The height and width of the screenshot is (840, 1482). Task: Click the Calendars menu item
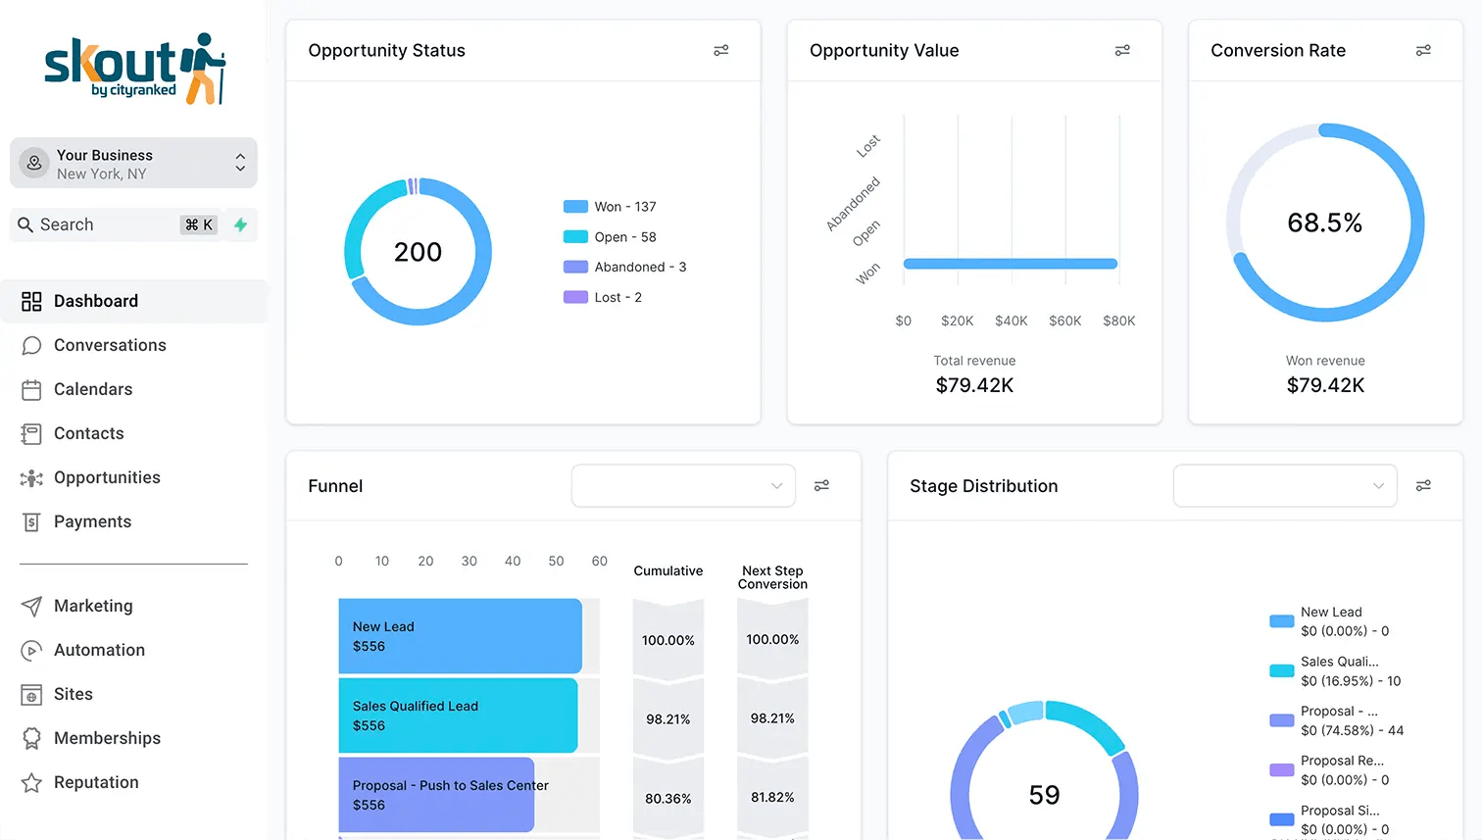click(x=92, y=389)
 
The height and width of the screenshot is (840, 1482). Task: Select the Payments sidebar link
click(x=92, y=521)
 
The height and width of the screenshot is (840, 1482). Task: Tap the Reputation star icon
click(x=31, y=782)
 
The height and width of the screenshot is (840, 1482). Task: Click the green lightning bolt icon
click(x=241, y=224)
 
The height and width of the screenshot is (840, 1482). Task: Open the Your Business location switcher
click(x=133, y=164)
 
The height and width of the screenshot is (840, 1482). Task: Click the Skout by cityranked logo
click(x=135, y=69)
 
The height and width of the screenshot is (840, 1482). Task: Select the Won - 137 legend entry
click(x=610, y=207)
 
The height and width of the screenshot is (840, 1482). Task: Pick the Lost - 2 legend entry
click(x=602, y=298)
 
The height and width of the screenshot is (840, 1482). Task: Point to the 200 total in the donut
click(x=418, y=252)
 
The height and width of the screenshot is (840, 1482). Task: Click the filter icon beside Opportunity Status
click(x=721, y=50)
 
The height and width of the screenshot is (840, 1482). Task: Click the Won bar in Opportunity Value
click(x=1011, y=264)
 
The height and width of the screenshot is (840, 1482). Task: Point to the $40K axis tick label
click(x=1011, y=321)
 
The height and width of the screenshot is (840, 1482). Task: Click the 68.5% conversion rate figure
click(x=1324, y=222)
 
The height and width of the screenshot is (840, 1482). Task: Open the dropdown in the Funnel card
click(x=683, y=486)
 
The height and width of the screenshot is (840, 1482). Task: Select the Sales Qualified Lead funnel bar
click(x=458, y=716)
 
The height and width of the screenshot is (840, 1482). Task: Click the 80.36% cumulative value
click(x=667, y=799)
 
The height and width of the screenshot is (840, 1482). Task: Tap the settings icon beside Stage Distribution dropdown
click(x=1423, y=486)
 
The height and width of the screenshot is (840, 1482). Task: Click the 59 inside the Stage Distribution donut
click(x=1044, y=795)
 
